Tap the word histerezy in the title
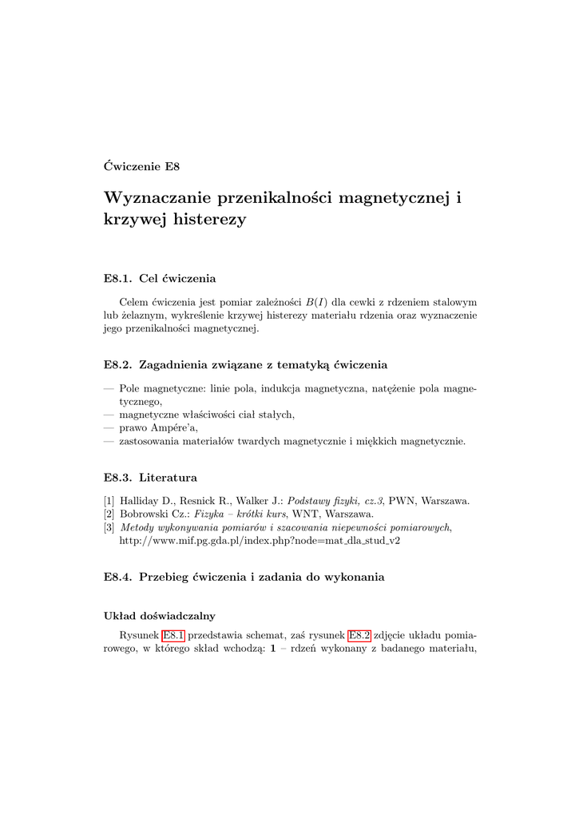[208, 219]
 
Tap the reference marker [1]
[109, 502]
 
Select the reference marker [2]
[109, 514]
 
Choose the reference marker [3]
[109, 527]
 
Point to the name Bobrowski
[144, 514]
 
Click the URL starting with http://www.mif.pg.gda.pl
[259, 541]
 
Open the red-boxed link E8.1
[173, 636]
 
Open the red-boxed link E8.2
[359, 636]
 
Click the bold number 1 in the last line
[273, 649]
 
